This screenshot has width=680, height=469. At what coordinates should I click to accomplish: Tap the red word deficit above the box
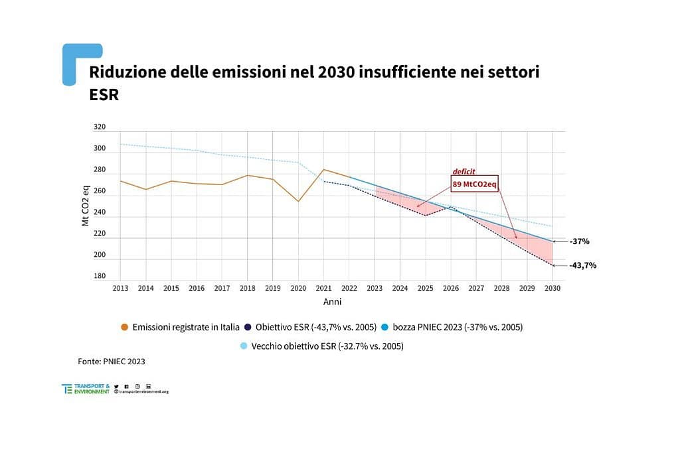(464, 171)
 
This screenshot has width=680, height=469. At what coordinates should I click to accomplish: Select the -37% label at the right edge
(580, 241)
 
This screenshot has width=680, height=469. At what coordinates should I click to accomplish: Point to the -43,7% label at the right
(582, 265)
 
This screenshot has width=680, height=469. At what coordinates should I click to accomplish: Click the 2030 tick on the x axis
(552, 289)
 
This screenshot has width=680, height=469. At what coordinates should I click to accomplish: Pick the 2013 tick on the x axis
(120, 289)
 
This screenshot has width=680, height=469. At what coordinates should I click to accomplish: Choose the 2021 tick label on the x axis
(323, 289)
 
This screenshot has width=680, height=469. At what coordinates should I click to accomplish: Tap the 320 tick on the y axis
(99, 127)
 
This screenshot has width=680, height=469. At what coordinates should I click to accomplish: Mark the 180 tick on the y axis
(99, 276)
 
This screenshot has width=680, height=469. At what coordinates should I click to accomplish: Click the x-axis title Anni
(332, 302)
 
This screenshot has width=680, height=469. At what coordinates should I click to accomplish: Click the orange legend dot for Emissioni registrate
(124, 327)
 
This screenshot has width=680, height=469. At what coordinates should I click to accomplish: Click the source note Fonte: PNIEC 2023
(111, 362)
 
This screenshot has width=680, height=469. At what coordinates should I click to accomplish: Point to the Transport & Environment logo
(86, 389)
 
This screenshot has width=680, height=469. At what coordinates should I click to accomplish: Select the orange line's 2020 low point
(298, 202)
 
